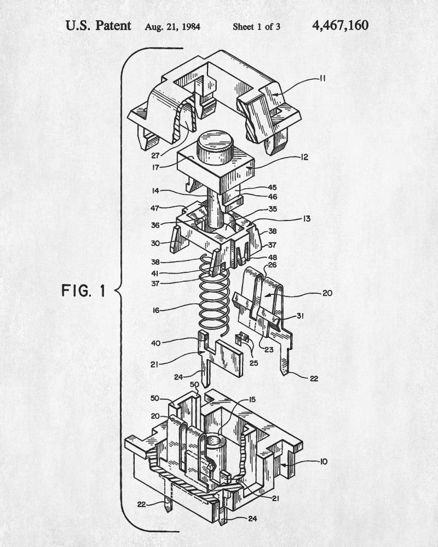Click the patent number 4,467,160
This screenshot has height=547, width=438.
340,26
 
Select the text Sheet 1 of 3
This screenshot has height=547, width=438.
256,26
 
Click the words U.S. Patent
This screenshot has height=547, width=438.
99,26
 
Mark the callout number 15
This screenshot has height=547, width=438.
251,400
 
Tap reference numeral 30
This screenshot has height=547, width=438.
155,243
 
